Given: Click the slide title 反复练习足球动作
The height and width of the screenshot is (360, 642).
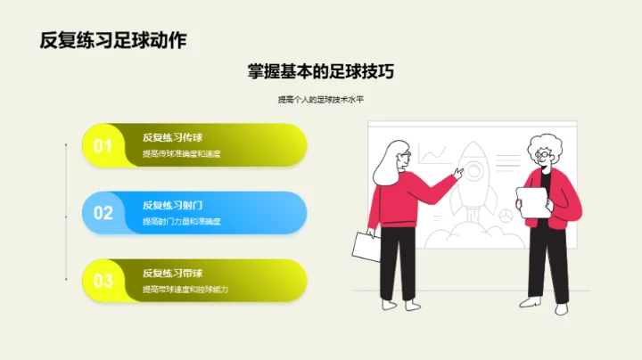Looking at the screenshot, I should (113, 40).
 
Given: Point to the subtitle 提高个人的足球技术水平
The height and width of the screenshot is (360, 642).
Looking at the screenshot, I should (321, 100).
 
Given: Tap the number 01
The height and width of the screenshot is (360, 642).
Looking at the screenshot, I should (103, 146).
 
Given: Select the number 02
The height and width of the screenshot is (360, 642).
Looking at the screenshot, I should (103, 213).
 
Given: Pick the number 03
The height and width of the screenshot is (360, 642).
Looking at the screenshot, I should (103, 281).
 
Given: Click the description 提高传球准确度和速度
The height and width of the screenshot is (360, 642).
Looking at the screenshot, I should (181, 154).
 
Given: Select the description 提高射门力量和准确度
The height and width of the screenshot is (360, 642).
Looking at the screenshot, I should (181, 222).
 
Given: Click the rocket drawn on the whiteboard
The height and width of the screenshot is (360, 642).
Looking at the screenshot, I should (471, 183).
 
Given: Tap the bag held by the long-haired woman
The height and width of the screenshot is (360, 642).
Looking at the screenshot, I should (366, 247).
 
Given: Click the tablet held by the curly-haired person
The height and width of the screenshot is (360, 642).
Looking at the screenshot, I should (532, 202).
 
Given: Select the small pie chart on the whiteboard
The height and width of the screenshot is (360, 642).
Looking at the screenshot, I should (503, 215).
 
